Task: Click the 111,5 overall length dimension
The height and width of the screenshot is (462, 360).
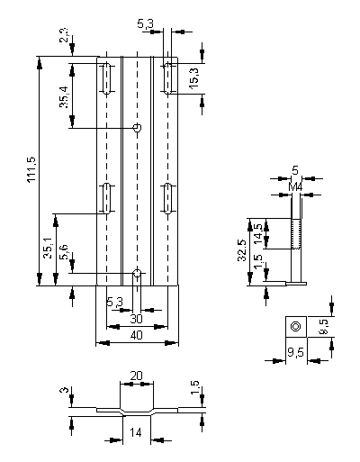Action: click(32, 169)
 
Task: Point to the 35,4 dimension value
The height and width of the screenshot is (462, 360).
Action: click(64, 97)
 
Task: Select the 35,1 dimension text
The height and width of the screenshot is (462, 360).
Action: click(48, 248)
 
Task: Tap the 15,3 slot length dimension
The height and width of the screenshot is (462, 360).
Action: click(193, 77)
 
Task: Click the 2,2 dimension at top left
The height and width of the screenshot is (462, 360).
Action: click(64, 36)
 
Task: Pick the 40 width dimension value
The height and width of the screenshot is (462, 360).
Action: click(137, 335)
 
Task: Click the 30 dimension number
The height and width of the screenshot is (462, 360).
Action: click(136, 319)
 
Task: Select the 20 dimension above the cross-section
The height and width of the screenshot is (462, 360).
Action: click(136, 376)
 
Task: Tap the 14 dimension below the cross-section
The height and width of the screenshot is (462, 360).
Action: click(136, 432)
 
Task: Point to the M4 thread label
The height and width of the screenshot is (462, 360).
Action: click(295, 187)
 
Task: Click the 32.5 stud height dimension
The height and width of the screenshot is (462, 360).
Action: click(242, 250)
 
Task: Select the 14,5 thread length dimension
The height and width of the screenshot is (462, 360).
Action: click(258, 233)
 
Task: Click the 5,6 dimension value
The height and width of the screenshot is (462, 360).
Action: click(64, 252)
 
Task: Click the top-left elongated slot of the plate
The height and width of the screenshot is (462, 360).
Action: click(107, 78)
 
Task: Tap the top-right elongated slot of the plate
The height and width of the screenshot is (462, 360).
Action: click(168, 78)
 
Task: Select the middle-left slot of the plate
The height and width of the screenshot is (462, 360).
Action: click(107, 198)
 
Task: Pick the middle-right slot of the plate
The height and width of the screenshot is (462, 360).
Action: click(168, 198)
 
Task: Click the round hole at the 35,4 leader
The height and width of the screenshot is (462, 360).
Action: click(137, 128)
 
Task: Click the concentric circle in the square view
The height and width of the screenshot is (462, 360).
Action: click(296, 326)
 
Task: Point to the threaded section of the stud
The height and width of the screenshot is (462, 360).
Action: click(296, 233)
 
